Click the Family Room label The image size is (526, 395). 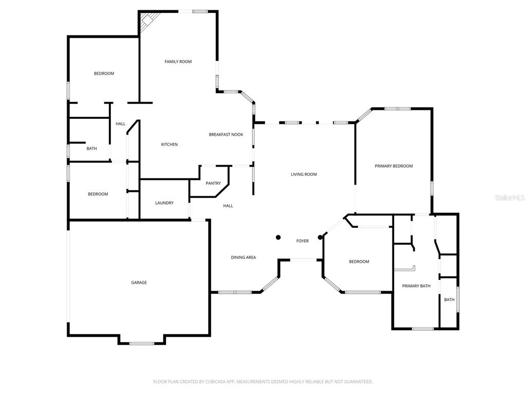(x=178, y=62)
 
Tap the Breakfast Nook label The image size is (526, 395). (x=226, y=134)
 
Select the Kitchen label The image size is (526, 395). (x=170, y=145)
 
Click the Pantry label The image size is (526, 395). (x=213, y=183)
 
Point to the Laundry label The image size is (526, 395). (x=164, y=203)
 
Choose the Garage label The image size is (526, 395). (x=139, y=282)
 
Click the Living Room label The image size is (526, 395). (x=304, y=174)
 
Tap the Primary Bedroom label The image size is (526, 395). (x=394, y=166)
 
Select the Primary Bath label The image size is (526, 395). (x=416, y=286)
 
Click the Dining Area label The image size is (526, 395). (x=243, y=257)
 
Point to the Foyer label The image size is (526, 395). (x=303, y=241)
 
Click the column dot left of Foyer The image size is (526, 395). (x=278, y=238)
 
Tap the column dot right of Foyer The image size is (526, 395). (x=321, y=238)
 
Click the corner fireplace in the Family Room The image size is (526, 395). (x=147, y=20)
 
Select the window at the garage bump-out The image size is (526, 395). (x=142, y=343)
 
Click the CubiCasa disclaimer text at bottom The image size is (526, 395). (x=262, y=382)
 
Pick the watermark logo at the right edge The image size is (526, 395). (x=510, y=197)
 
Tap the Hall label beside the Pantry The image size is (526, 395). (x=228, y=206)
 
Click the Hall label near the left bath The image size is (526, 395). (x=120, y=124)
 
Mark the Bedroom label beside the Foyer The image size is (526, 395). (x=359, y=262)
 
